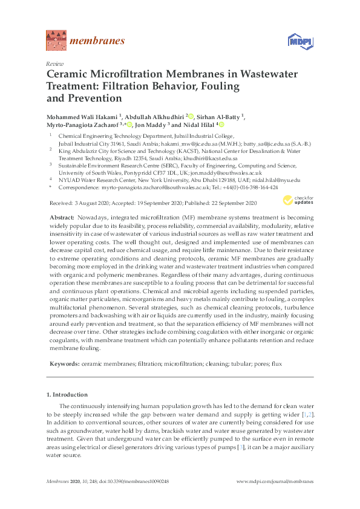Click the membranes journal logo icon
pyautogui.click(x=55, y=41)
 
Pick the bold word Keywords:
pyautogui.click(x=62, y=364)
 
